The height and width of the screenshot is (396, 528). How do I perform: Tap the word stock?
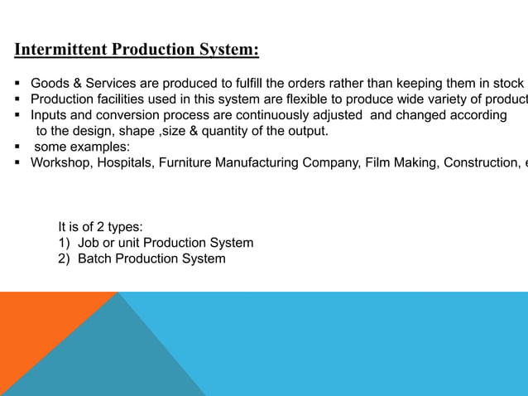click(x=506, y=84)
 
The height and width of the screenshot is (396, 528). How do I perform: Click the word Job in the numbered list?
click(x=89, y=243)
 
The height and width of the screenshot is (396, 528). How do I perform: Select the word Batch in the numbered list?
click(x=95, y=258)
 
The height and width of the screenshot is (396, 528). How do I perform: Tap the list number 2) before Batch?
click(x=65, y=258)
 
